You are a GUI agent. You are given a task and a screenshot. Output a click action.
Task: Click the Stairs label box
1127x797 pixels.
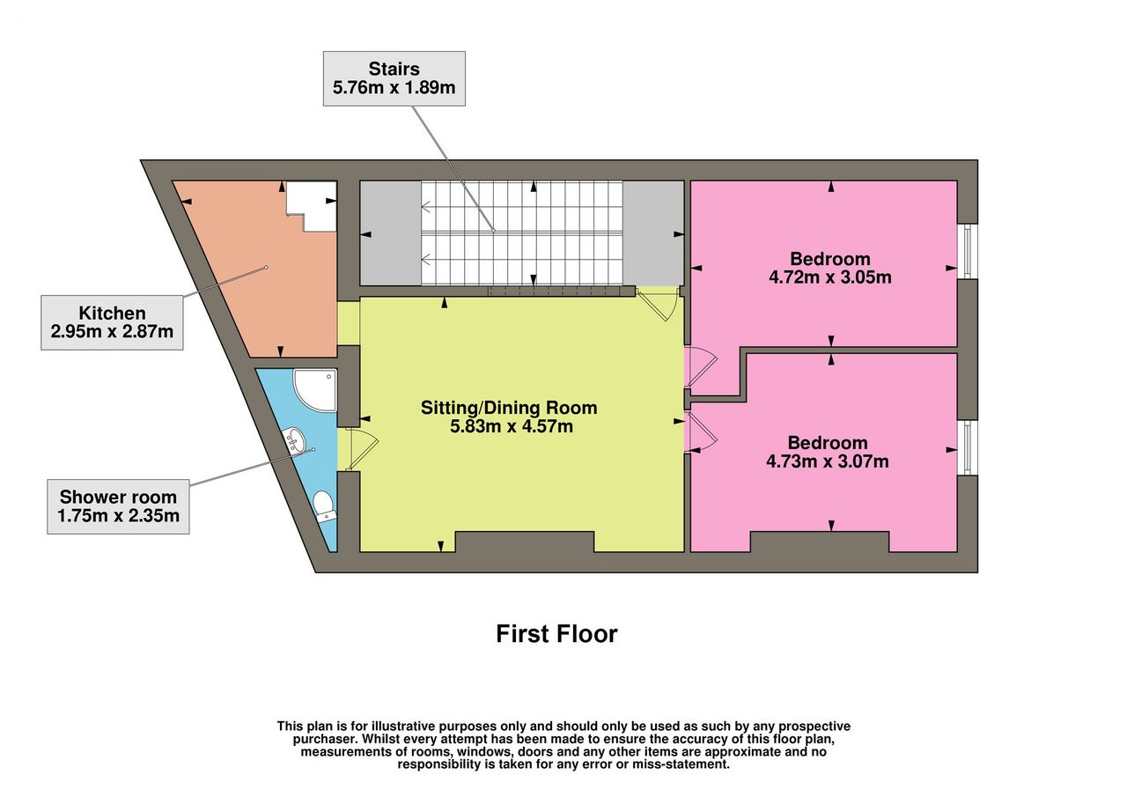(x=394, y=78)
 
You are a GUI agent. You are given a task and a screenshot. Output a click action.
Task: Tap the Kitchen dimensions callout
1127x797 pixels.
(x=112, y=322)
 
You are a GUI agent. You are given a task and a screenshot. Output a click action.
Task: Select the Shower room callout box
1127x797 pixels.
(x=118, y=506)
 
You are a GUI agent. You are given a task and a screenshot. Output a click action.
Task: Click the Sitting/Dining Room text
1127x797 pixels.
(x=509, y=407)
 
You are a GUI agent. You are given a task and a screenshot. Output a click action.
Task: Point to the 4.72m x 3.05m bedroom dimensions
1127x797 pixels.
(x=830, y=277)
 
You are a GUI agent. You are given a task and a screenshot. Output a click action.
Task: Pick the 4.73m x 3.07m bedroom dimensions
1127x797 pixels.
(x=828, y=461)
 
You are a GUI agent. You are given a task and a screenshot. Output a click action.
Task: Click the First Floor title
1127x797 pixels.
(x=556, y=634)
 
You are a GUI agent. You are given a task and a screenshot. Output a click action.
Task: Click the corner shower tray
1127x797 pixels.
(x=315, y=390)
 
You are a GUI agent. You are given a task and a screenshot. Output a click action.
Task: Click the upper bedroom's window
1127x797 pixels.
(x=968, y=251)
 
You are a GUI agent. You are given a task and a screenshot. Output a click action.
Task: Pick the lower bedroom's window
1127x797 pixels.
(x=968, y=447)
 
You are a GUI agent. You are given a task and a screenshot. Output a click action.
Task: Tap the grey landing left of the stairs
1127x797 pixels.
(x=390, y=233)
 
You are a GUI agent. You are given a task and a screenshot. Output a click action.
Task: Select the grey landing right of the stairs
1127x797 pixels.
(x=653, y=233)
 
